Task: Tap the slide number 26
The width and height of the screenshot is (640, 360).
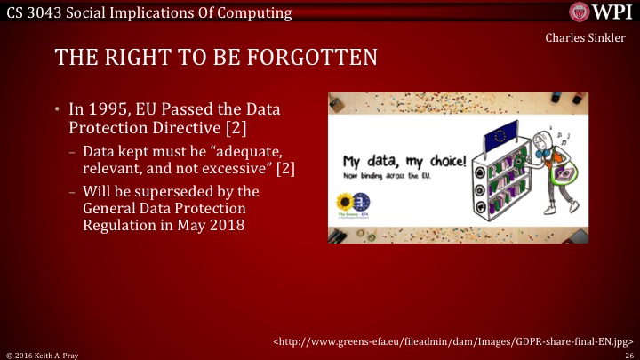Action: pos(628,354)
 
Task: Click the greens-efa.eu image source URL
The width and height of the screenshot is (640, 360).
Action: pos(453,340)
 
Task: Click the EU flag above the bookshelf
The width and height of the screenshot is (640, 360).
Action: pos(499,135)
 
